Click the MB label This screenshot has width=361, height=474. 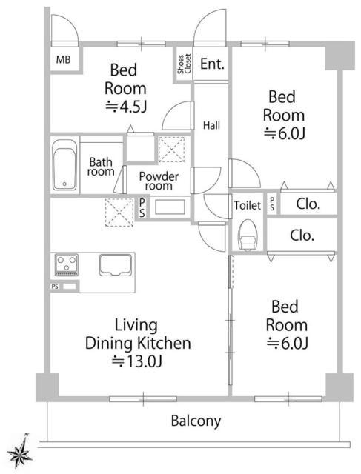(63, 59)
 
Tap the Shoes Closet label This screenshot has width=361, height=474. (184, 64)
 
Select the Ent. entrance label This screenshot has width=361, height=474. (212, 64)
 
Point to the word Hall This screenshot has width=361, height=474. (211, 125)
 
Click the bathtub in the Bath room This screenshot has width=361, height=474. (64, 164)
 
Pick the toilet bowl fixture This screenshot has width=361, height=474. (248, 235)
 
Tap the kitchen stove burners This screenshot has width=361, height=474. (66, 265)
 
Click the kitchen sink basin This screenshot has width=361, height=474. (116, 265)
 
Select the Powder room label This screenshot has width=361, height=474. (159, 181)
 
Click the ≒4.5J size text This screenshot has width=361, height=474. (126, 107)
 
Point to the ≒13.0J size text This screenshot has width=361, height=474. (137, 361)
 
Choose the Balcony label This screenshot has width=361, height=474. (196, 421)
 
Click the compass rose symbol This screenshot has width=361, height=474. (20, 452)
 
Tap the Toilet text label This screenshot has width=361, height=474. (248, 206)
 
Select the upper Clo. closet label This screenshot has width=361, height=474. (308, 204)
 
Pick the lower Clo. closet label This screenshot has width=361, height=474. (302, 236)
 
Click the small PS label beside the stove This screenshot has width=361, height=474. (55, 287)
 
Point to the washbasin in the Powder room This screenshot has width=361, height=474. (170, 207)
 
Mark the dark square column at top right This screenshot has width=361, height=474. (340, 56)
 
